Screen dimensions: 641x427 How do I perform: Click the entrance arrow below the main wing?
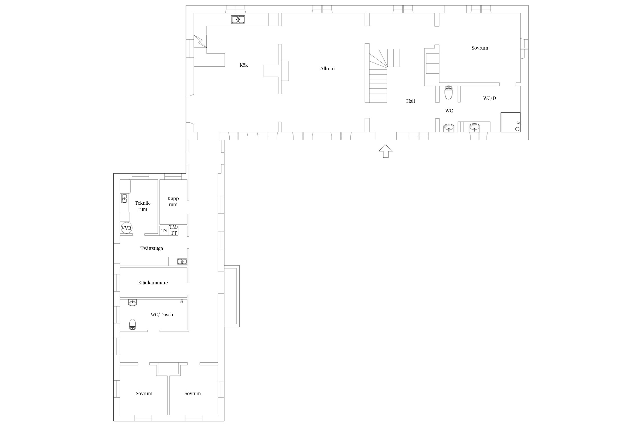[x=386, y=151]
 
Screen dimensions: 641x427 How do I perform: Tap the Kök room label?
[x=244, y=65]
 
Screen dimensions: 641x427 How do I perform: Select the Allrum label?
[x=327, y=69]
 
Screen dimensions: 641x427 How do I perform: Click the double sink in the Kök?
[x=238, y=19]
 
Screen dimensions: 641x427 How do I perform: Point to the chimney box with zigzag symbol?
[x=200, y=41]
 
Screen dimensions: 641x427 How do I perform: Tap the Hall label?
[x=411, y=101]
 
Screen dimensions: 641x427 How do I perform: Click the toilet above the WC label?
[x=449, y=93]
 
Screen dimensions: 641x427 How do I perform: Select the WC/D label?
[x=489, y=98]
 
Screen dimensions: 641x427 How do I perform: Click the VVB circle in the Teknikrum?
[x=126, y=228]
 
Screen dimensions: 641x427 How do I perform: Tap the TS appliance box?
[x=164, y=231]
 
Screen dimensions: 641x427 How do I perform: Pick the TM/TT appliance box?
[x=173, y=230]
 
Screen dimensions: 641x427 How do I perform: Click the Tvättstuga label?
[x=152, y=248]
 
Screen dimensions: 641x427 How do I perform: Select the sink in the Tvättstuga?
[x=182, y=261]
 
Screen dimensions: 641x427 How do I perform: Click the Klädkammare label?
[x=153, y=283]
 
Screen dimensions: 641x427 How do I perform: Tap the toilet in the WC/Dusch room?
[x=132, y=324]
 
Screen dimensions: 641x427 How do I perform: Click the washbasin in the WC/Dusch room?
[x=132, y=302]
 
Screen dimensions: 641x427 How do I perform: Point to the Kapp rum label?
[x=173, y=201]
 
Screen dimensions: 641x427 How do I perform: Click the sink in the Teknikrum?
[x=124, y=198]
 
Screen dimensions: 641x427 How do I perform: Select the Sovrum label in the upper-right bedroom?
[x=480, y=48]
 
